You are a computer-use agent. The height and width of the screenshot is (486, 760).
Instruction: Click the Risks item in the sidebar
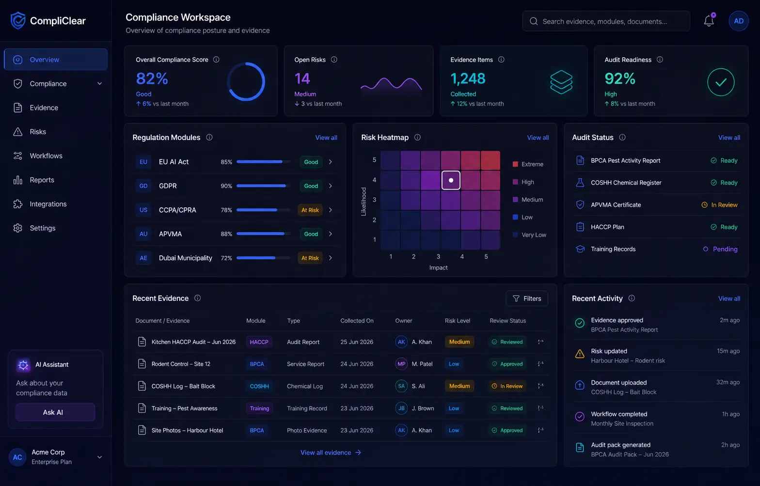[38, 132]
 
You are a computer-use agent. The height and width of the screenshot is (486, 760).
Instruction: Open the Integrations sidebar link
[48, 204]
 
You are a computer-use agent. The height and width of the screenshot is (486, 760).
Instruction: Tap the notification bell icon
[709, 21]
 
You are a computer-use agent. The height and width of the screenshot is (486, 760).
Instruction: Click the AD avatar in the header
[738, 21]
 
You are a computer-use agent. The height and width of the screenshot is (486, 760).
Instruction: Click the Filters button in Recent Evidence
[526, 298]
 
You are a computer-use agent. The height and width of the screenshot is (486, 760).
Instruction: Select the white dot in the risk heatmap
[451, 180]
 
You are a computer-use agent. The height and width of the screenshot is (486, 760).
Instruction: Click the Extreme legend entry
[528, 164]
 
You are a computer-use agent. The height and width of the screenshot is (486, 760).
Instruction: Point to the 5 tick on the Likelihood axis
[374, 159]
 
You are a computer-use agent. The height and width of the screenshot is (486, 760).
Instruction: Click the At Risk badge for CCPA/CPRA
[310, 210]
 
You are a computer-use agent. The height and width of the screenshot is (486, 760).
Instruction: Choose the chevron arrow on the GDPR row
[330, 186]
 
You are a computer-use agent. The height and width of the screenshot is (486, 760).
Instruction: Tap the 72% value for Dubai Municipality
[226, 258]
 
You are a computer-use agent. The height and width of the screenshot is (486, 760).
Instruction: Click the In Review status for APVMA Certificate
[719, 205]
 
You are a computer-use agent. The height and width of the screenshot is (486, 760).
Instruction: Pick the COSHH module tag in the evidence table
[259, 386]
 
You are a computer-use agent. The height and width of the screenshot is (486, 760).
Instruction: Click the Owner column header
[403, 320]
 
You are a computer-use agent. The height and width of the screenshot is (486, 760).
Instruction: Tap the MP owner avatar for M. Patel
[401, 364]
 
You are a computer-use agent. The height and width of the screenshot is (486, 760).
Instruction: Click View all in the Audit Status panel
[729, 137]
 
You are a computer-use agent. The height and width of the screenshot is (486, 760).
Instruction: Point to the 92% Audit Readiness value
[620, 78]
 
